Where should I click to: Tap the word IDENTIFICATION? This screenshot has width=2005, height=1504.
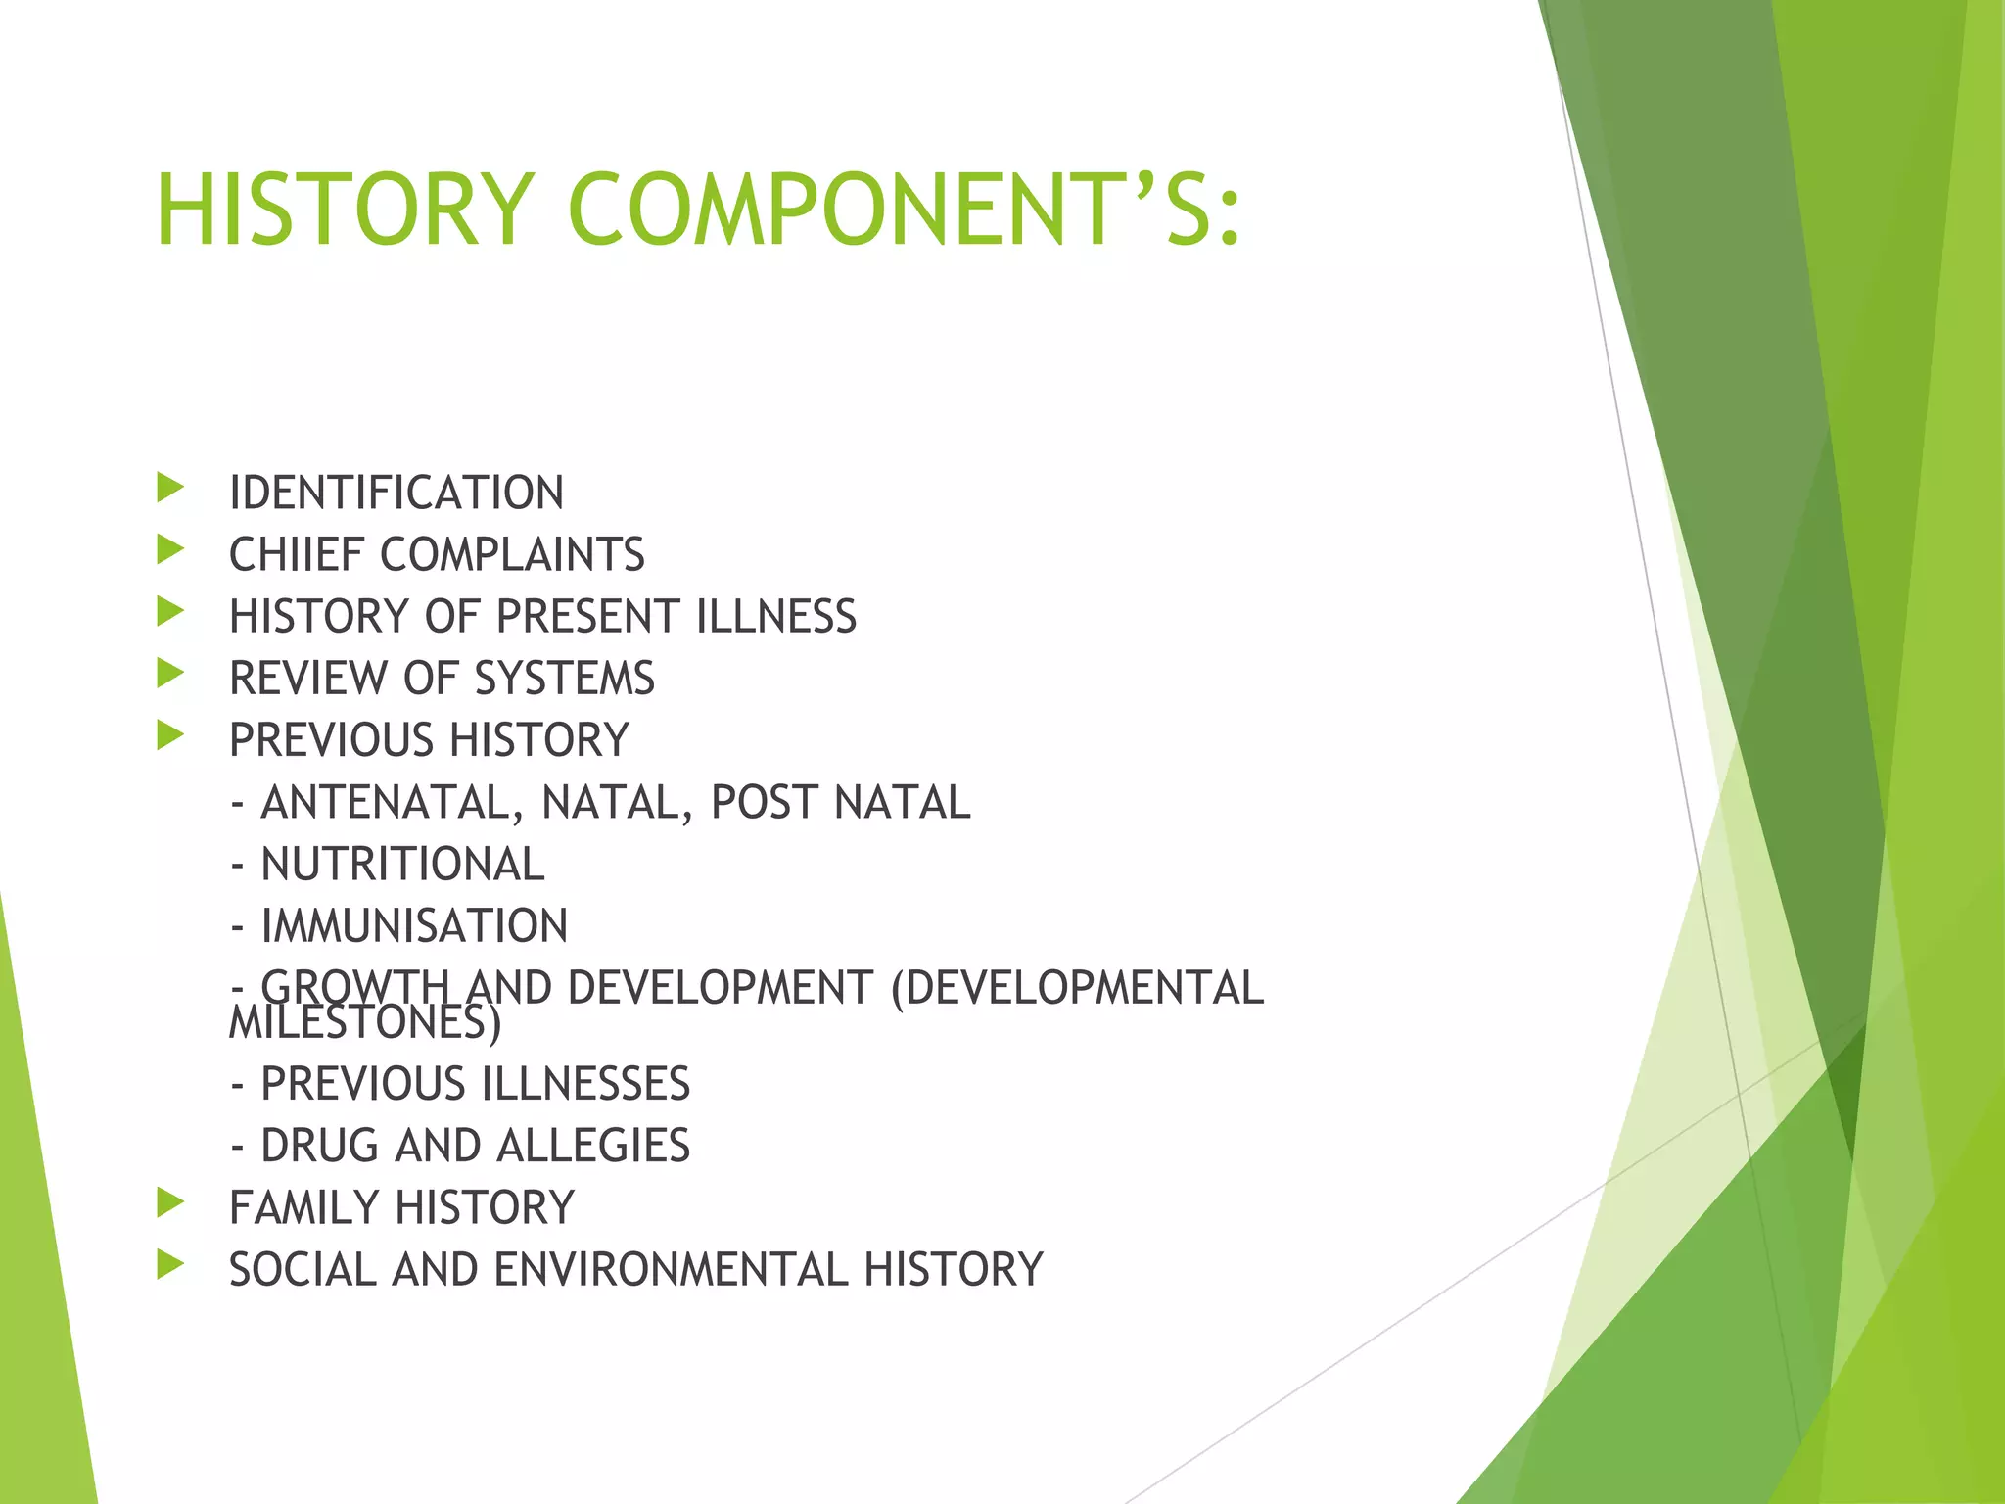point(396,493)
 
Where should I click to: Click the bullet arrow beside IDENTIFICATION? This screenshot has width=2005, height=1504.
point(170,488)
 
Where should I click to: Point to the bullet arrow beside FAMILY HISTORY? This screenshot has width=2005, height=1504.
point(170,1202)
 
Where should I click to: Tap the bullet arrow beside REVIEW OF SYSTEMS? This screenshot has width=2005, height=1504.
point(170,674)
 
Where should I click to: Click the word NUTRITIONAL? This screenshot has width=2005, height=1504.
point(402,865)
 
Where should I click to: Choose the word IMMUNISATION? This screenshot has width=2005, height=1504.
point(414,926)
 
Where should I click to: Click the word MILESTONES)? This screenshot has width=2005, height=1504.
point(364,1024)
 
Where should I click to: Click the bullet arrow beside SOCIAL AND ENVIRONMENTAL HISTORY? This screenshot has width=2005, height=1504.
point(170,1264)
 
